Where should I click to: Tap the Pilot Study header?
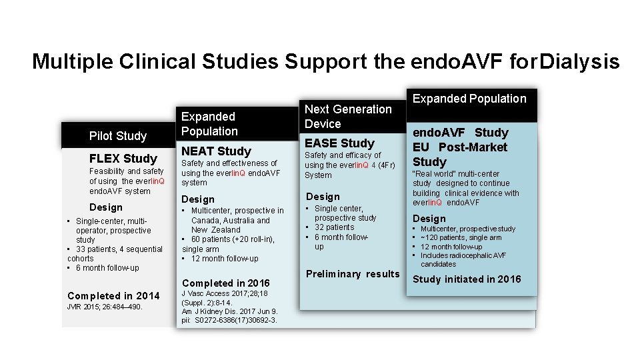117,136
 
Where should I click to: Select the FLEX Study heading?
123,159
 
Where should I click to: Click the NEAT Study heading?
216,151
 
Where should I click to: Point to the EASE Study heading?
339,143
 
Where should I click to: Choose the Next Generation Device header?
348,116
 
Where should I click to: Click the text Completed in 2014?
113,295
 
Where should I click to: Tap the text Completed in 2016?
225,283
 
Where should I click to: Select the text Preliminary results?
353,274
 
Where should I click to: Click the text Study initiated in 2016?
467,279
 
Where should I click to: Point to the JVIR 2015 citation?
105,307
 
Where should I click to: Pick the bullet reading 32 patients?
334,227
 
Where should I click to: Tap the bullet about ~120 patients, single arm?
461,237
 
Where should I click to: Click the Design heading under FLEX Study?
106,207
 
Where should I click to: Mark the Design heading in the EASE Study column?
323,197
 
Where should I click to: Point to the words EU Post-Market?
460,147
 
